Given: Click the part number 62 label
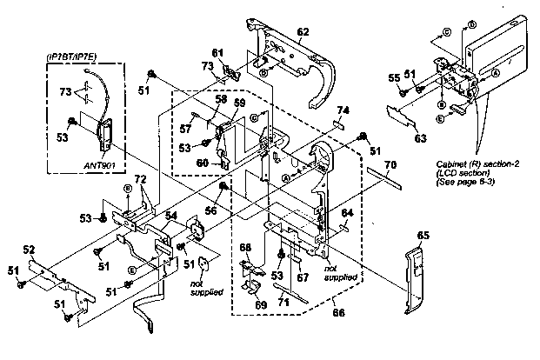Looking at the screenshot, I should click(303, 32).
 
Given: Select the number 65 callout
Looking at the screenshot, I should click(423, 235).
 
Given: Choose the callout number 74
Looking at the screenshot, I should click(343, 110).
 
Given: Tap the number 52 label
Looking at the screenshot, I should click(28, 250).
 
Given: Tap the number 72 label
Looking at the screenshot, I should click(139, 178).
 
